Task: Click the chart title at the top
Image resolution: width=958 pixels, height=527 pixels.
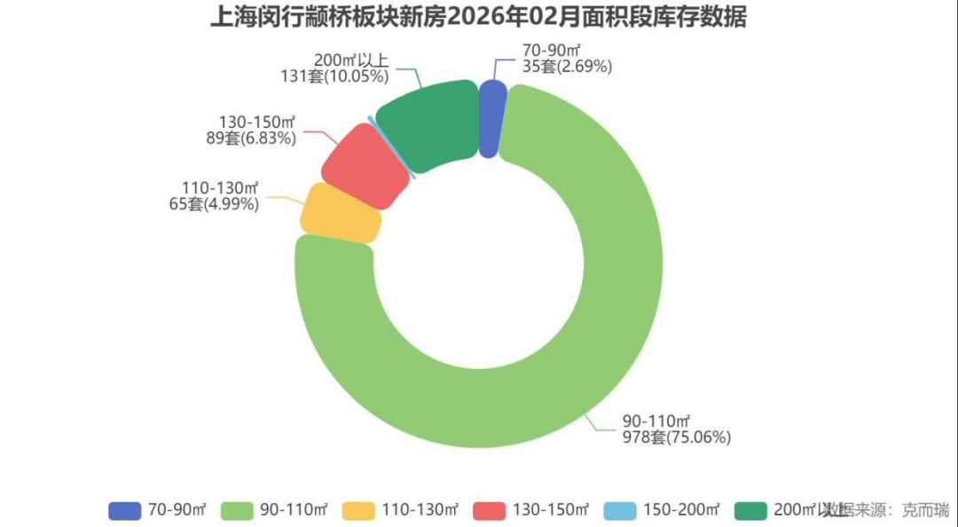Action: pos(478,17)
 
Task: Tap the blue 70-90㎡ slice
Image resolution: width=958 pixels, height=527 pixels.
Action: pos(492,119)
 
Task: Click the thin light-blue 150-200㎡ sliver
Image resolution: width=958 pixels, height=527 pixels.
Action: pos(392,147)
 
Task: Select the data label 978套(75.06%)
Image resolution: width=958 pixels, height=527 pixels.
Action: pos(676,437)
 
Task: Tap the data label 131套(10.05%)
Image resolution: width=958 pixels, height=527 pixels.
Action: pos(335,76)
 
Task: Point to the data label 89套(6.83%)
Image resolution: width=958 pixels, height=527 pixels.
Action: pos(250,138)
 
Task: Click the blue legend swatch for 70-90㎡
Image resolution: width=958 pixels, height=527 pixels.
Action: pos(125,510)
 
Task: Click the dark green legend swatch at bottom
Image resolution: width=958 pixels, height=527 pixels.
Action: pos(751,510)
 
